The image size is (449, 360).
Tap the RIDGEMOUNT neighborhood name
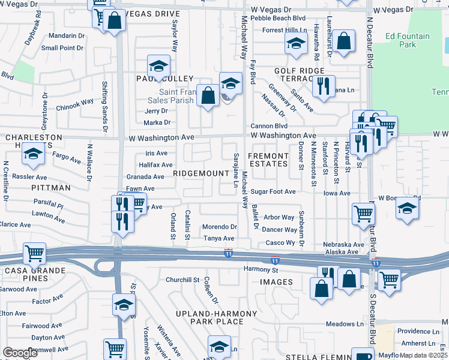(201, 173)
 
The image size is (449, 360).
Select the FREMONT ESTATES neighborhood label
(269, 160)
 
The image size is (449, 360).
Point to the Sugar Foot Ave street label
(273, 192)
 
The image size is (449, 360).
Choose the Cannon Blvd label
(269, 126)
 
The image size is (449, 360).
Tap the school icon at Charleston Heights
(33, 155)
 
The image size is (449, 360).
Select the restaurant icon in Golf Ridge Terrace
(323, 86)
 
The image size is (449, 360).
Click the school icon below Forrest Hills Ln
(295, 44)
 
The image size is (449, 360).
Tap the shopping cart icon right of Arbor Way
(364, 214)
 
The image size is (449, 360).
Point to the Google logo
(20, 353)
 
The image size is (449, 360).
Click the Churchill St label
(182, 280)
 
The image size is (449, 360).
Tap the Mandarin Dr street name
(67, 36)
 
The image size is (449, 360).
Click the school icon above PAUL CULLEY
(159, 65)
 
